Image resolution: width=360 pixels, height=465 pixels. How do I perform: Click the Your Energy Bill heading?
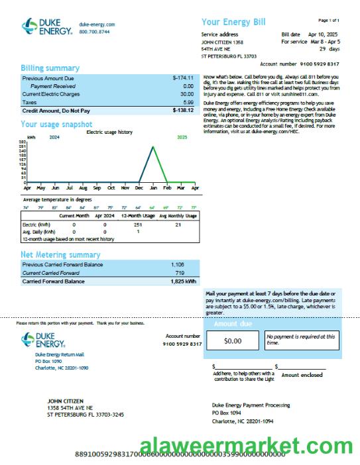click(x=233, y=22)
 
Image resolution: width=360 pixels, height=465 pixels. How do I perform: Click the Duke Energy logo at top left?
click(x=46, y=26)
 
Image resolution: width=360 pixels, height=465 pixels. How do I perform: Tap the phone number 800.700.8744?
click(x=95, y=32)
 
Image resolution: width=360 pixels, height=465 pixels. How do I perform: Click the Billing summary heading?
click(x=50, y=68)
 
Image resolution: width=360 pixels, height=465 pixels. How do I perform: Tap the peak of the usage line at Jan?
click(x=153, y=146)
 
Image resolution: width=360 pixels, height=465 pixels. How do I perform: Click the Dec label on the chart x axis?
click(x=139, y=188)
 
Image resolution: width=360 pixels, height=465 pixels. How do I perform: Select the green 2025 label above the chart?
click(x=182, y=138)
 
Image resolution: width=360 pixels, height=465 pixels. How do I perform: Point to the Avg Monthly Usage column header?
click(x=178, y=216)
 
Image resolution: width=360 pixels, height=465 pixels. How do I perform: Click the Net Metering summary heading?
click(x=60, y=254)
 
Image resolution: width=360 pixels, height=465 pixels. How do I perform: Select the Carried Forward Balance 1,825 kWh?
click(x=182, y=282)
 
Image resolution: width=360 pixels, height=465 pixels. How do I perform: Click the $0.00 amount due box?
click(x=233, y=341)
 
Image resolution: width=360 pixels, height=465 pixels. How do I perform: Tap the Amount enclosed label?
click(x=302, y=375)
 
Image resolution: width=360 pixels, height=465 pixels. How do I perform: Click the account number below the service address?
click(x=318, y=64)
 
